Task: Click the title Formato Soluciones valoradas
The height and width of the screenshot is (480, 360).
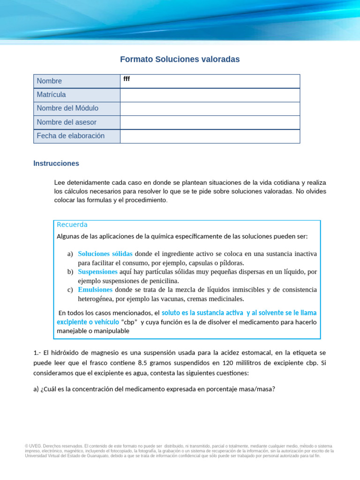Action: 180,59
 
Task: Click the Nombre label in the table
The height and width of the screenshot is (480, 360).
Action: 49,81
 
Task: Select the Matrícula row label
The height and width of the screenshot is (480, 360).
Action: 51,95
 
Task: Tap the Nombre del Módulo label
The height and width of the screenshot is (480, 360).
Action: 67,108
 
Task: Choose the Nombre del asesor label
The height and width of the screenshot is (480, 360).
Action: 67,122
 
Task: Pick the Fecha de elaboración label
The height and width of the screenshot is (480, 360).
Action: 70,136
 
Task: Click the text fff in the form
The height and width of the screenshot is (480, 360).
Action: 127,79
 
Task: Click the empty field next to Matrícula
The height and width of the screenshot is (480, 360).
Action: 210,95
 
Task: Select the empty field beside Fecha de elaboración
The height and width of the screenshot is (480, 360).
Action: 210,136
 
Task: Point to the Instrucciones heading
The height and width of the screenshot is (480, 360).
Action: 56,164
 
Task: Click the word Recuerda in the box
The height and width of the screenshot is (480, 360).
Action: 72,225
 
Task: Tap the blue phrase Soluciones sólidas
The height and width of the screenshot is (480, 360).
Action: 105,254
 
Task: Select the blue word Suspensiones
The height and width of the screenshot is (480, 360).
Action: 97,272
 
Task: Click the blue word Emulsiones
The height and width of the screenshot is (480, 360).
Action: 95,290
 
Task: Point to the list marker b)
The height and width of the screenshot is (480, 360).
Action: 70,272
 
